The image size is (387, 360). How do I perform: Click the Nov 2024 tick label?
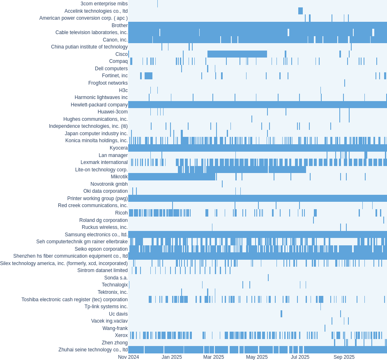tap(128, 357)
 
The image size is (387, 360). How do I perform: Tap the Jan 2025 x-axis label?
tap(172, 357)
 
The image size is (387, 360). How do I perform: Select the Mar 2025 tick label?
tap(214, 357)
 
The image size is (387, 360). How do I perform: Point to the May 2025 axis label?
tap(257, 357)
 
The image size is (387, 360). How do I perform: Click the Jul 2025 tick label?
tap(300, 357)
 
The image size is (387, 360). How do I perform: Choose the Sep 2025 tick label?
tap(344, 357)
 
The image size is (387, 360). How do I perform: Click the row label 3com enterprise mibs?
tap(104, 4)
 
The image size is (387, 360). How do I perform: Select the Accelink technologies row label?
tap(96, 11)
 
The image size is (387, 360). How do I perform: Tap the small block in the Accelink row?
tap(300, 11)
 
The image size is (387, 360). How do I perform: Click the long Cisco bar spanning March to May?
tap(237, 54)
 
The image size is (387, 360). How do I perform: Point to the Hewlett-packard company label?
tap(99, 105)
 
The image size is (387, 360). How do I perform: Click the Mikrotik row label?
tap(119, 177)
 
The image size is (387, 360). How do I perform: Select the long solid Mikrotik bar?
tap(172, 177)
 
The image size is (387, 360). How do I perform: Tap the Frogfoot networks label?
tap(108, 83)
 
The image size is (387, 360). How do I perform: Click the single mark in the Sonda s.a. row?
tap(268, 278)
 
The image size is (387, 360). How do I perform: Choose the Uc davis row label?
tap(118, 314)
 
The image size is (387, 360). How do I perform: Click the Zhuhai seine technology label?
tap(93, 350)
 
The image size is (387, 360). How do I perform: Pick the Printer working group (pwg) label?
tap(97, 198)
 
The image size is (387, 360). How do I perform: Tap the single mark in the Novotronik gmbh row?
tap(222, 184)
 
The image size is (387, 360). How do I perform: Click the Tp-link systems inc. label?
tap(106, 307)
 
